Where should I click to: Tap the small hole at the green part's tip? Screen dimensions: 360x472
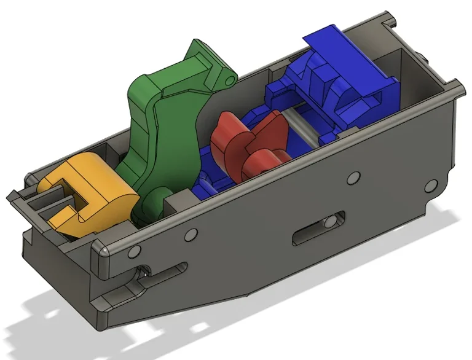(x=230, y=79)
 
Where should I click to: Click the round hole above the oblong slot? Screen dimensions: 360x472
(x=353, y=178)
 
